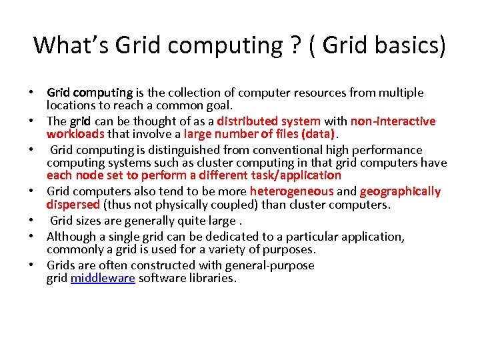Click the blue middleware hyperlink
pos(103,278)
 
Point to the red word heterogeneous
pos(291,192)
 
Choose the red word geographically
pos(400,192)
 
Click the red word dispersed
pos(73,205)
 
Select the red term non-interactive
pos(393,121)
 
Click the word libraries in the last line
pos(212,278)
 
